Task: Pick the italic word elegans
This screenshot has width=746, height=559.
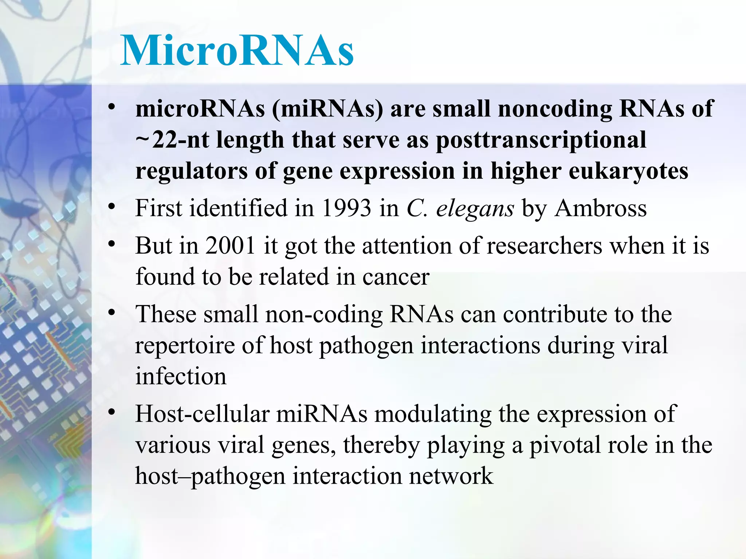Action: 475,209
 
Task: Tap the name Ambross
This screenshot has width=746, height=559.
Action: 601,208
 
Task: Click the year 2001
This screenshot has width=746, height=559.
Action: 230,246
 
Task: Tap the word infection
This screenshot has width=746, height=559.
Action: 181,376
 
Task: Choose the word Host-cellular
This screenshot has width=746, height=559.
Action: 202,414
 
